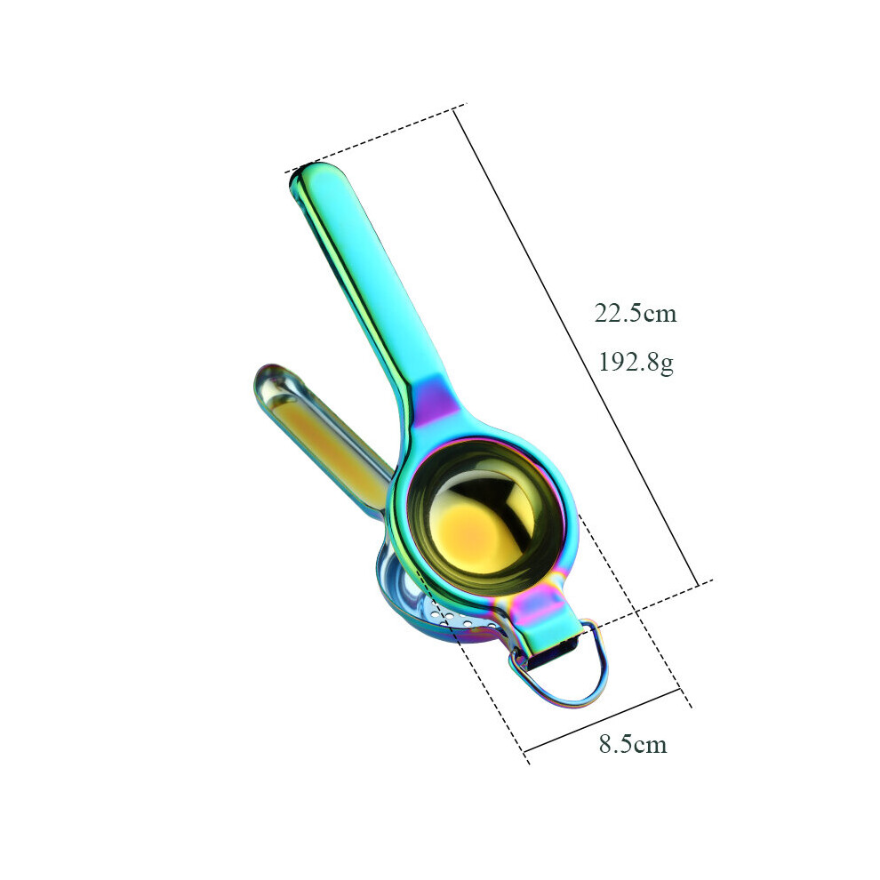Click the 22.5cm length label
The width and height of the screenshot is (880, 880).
pyautogui.click(x=636, y=313)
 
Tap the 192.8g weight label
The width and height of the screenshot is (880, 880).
pyautogui.click(x=636, y=363)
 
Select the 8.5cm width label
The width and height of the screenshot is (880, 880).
pyautogui.click(x=633, y=744)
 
